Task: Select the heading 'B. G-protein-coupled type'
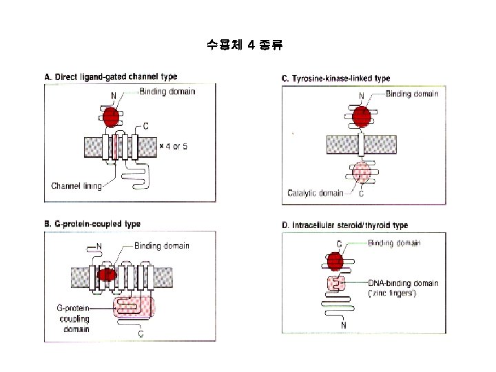(x=92, y=224)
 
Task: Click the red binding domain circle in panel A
(x=111, y=115)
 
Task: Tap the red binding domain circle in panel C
(x=362, y=116)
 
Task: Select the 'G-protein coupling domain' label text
(x=73, y=318)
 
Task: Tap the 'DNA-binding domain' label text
(x=403, y=283)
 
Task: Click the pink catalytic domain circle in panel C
(x=362, y=172)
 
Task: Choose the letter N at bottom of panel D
(x=342, y=325)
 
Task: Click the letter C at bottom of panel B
(x=141, y=333)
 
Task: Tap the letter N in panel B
(x=99, y=246)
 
